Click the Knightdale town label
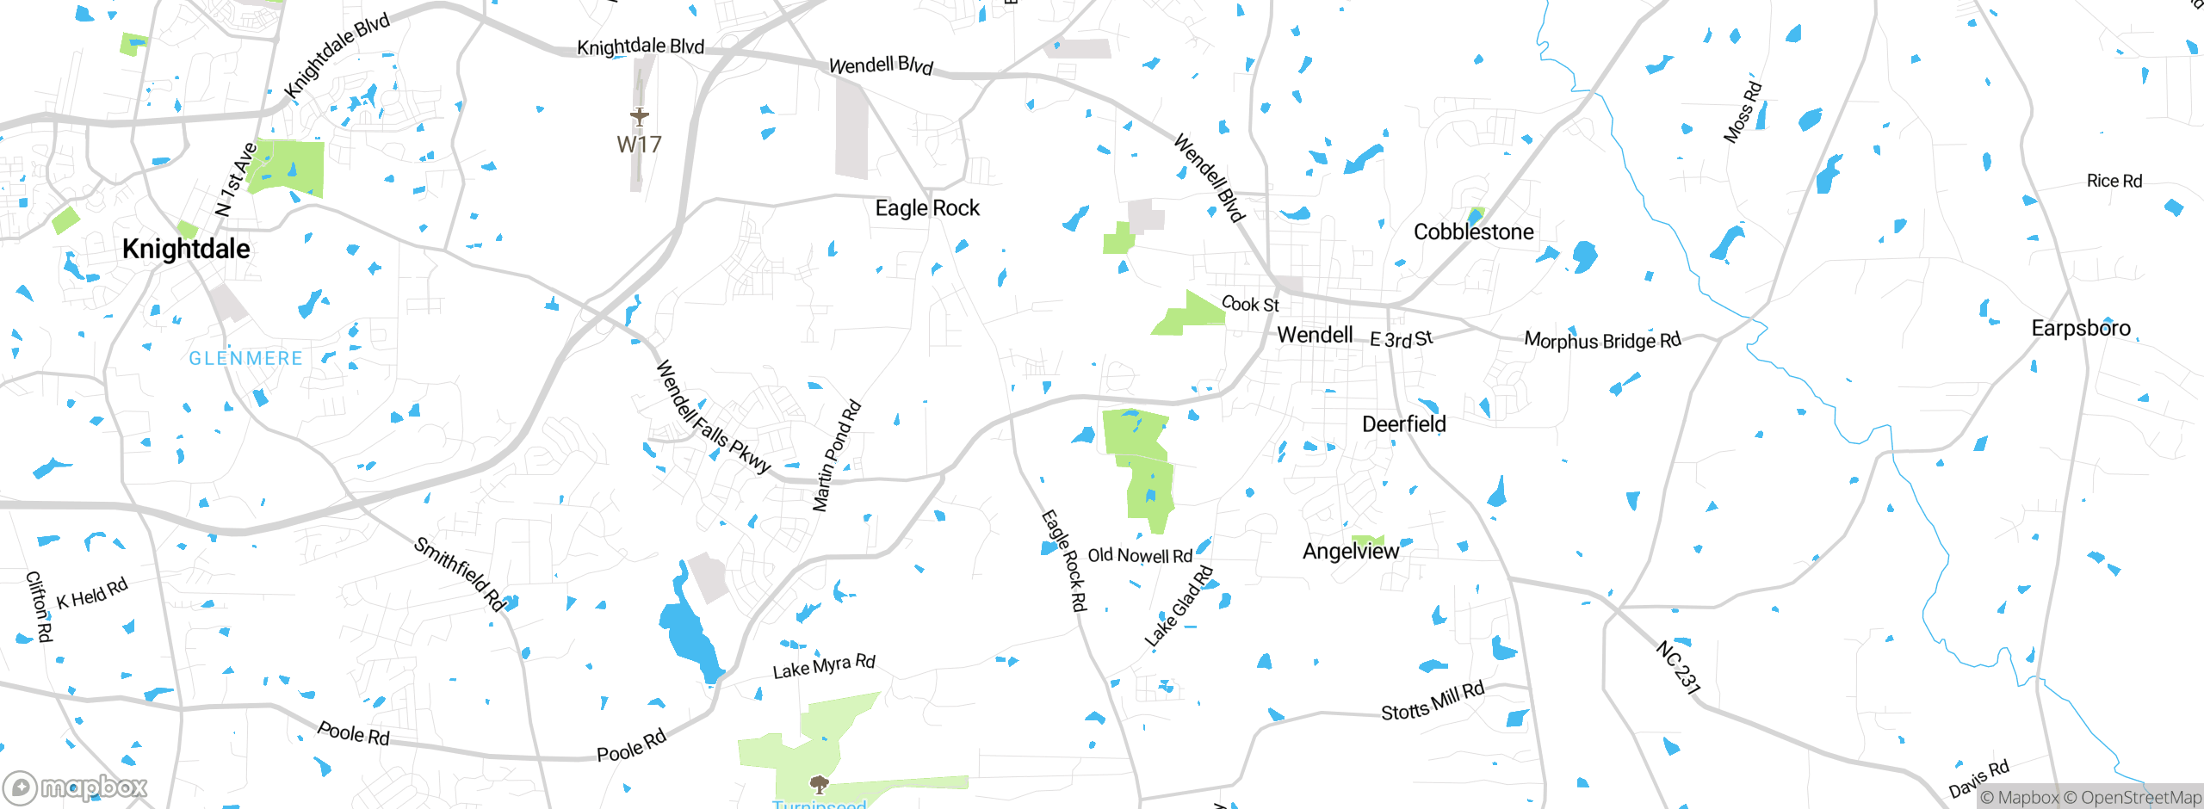(x=186, y=249)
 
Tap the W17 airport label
(x=639, y=145)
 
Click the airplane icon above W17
(x=639, y=116)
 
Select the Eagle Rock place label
(x=927, y=208)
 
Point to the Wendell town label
(x=1315, y=335)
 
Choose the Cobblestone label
(x=1473, y=232)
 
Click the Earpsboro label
(x=2081, y=328)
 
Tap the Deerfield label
(x=1403, y=423)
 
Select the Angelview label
(x=1351, y=551)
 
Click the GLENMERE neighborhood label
(x=245, y=358)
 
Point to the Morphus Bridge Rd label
(x=1602, y=340)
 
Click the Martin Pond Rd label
(x=836, y=456)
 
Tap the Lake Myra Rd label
(x=824, y=666)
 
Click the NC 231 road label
(x=1678, y=667)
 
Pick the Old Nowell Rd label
(x=1140, y=556)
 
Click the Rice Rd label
(x=2114, y=181)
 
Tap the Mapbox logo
(x=76, y=787)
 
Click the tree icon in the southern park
(x=820, y=783)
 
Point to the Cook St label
(x=1250, y=304)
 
